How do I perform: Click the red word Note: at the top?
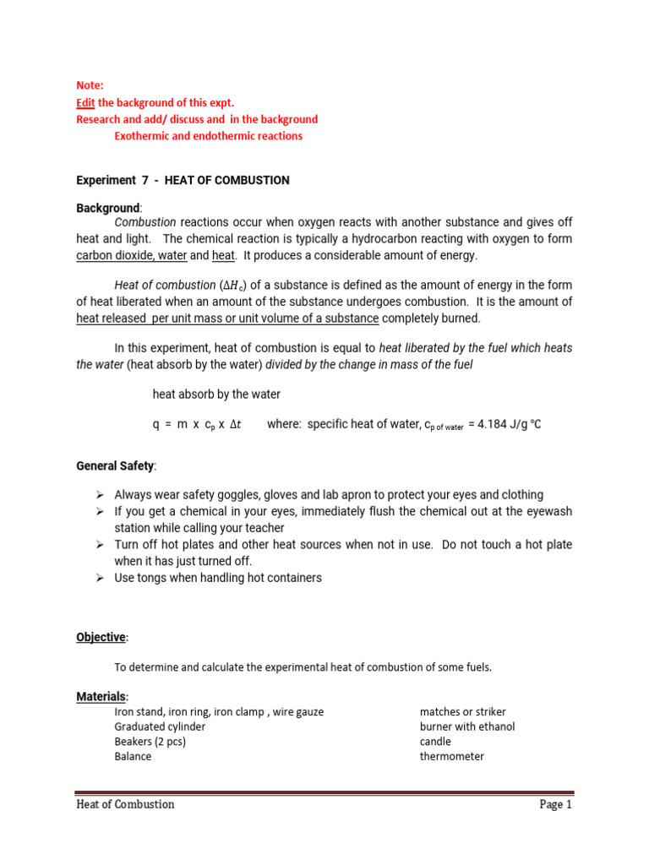[x=90, y=85]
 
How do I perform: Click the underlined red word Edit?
[x=85, y=102]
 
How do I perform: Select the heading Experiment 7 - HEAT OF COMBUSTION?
[x=183, y=180]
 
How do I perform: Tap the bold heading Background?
[x=108, y=207]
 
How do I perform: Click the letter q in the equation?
[x=156, y=425]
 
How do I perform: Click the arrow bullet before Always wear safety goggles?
[x=100, y=495]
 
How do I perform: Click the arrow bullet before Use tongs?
[x=100, y=578]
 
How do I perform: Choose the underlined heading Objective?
[x=101, y=636]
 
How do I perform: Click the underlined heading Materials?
[x=101, y=696]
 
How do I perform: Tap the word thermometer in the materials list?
[x=451, y=756]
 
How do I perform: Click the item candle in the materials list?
[x=435, y=742]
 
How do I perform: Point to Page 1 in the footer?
[x=555, y=804]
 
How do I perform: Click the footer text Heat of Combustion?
[x=125, y=804]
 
